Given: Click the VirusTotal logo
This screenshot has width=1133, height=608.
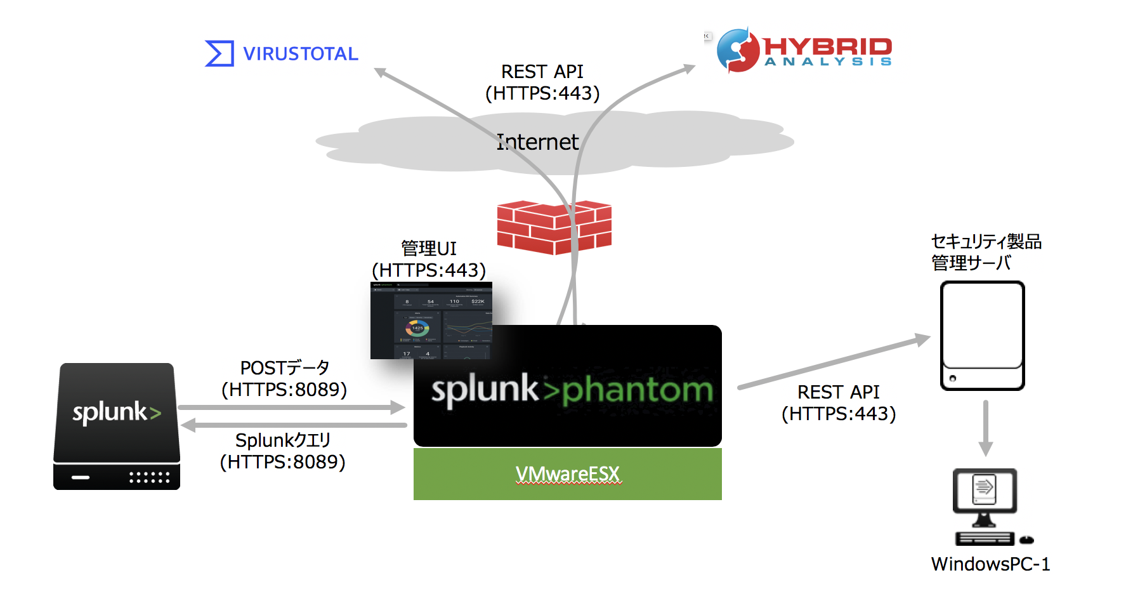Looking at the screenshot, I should click(x=282, y=53).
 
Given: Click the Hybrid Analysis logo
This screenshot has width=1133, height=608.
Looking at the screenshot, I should click(x=804, y=50).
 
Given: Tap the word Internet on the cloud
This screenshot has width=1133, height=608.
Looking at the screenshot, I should click(x=537, y=142).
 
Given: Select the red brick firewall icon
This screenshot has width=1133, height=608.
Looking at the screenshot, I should click(x=554, y=227).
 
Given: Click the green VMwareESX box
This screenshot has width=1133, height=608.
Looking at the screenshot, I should click(x=567, y=474).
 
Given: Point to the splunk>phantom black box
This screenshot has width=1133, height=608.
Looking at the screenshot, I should click(x=567, y=387).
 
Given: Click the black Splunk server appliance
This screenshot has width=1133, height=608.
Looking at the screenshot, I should click(x=117, y=426).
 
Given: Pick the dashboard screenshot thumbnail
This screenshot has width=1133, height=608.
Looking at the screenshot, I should click(x=431, y=321).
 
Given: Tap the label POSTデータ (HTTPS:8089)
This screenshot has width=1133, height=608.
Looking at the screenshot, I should click(x=284, y=379).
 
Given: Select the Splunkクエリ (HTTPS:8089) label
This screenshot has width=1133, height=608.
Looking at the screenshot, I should click(x=283, y=451).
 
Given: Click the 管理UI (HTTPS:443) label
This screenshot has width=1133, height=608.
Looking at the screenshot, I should click(x=429, y=260).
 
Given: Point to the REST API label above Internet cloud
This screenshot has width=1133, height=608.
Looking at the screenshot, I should click(x=542, y=83).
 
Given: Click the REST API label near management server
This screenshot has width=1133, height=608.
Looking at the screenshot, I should click(x=839, y=403).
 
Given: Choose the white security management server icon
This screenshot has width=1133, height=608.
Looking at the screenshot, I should click(x=982, y=336).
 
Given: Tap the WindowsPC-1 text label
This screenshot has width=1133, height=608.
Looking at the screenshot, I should click(x=990, y=564).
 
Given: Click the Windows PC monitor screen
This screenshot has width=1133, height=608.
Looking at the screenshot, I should click(x=985, y=489).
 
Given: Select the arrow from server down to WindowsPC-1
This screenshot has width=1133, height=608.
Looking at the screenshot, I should click(x=985, y=428).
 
